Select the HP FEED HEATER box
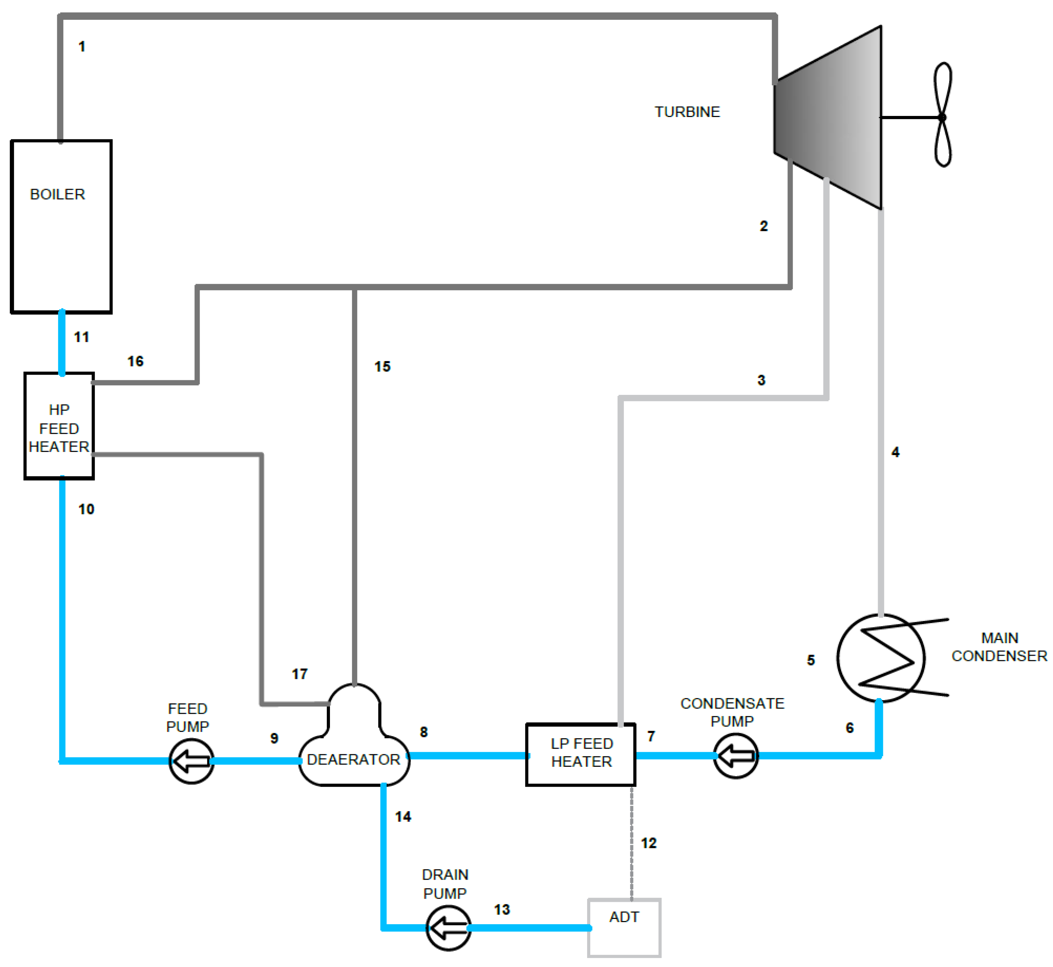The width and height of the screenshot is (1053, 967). coord(59,426)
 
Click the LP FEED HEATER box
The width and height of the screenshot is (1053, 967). coord(581,754)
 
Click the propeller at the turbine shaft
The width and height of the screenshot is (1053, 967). coord(943,115)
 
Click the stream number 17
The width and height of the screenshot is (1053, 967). coord(300,674)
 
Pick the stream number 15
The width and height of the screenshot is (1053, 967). coord(382,366)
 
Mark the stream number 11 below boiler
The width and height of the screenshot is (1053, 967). coord(82,337)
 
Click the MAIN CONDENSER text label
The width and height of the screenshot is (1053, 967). coord(999,647)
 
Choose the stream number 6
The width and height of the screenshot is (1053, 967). coord(849,728)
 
